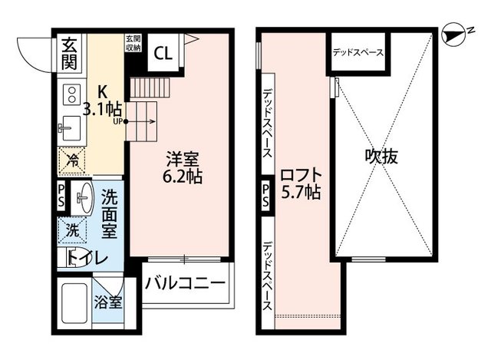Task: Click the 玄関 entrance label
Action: point(69,54)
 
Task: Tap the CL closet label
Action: point(163,53)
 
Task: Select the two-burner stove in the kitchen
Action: point(71,95)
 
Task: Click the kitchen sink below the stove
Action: point(70,128)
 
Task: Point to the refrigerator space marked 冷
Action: point(72,160)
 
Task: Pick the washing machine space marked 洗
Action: point(72,230)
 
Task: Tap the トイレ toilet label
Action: point(88,258)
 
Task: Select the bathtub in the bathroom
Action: point(74,303)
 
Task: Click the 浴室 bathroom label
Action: point(108,302)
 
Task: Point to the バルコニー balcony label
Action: point(185,283)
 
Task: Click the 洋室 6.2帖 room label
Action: point(183,167)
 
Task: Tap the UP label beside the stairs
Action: point(117,121)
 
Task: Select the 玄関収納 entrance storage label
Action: point(133,43)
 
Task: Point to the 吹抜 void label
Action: point(381,157)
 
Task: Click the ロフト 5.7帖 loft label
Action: point(301,183)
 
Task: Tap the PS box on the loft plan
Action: point(265,196)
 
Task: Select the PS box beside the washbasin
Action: point(61,197)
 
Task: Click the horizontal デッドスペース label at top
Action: point(358,52)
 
